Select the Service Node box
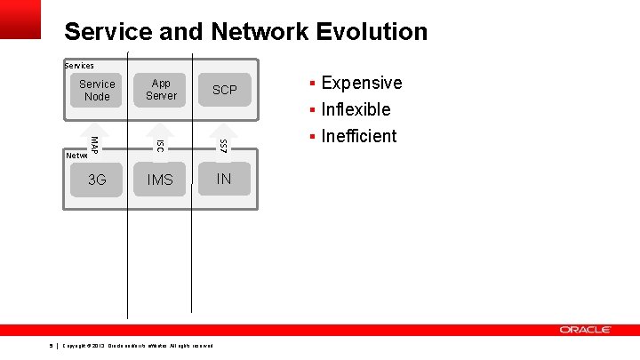(x=97, y=90)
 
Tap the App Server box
(x=161, y=90)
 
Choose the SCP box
(x=224, y=90)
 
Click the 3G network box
(x=97, y=180)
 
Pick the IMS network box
(x=161, y=180)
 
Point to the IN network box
(x=224, y=179)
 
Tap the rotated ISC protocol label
(x=159, y=144)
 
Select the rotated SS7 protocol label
(x=223, y=144)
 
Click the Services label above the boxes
(x=79, y=65)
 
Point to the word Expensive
(x=361, y=83)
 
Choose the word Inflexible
(x=356, y=109)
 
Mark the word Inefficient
(x=358, y=136)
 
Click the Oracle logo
(x=585, y=330)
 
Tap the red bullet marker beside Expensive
(x=312, y=84)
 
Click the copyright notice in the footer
(x=138, y=345)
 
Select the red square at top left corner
(x=20, y=19)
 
